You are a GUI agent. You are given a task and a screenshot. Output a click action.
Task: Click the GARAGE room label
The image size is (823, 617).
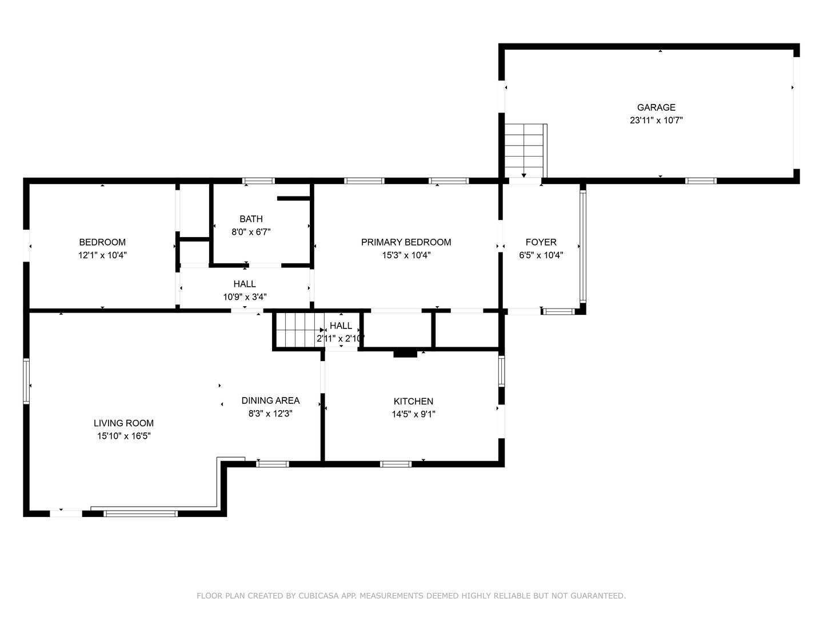point(656,107)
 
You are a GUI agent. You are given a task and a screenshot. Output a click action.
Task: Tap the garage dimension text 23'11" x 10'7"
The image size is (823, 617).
point(656,120)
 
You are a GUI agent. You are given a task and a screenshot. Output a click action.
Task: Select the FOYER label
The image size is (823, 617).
point(541,242)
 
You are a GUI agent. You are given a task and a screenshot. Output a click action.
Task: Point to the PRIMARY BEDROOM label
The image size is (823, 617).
point(406,242)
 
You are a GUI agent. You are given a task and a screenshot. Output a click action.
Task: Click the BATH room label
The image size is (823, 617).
point(251,219)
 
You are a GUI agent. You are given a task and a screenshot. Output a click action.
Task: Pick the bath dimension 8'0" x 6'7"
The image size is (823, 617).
point(251,232)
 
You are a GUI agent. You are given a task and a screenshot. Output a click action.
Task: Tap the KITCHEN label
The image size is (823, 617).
point(414,401)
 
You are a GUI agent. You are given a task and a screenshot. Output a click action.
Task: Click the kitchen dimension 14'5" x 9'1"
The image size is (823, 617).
point(414,414)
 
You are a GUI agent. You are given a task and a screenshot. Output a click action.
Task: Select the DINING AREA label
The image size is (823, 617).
point(271,400)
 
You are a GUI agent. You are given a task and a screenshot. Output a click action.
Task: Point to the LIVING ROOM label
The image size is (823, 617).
point(123,423)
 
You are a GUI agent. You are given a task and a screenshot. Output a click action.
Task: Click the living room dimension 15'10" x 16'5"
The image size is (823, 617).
point(123,436)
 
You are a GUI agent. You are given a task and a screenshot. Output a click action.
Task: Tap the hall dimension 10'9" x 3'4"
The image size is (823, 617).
point(245,297)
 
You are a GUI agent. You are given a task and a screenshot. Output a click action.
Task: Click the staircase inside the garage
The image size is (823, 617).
point(524,151)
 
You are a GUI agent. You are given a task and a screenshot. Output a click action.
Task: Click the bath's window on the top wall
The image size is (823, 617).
point(258,181)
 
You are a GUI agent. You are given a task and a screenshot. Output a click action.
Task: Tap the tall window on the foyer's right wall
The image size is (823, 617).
point(582,246)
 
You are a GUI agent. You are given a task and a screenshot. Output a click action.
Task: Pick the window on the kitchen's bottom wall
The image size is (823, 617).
point(395,464)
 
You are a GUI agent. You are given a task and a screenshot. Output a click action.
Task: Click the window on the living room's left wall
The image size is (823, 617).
point(26,382)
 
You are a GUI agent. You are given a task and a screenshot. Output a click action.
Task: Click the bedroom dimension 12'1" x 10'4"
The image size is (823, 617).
point(102,255)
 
